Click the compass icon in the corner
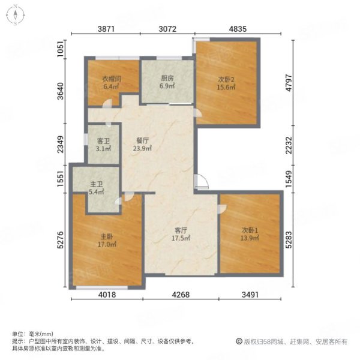point(15,15)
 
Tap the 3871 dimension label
point(106,29)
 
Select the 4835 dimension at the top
point(238,29)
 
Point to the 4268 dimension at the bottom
point(181,295)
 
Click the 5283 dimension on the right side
point(289,240)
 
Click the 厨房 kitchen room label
point(167,78)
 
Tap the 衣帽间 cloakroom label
point(112,79)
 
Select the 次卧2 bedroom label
point(226,79)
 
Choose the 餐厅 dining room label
point(142,140)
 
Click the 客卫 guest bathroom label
point(103,141)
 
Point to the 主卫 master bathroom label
point(96,184)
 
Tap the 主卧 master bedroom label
point(107,236)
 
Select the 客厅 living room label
point(181,230)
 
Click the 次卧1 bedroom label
point(250,230)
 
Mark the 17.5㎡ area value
point(181,238)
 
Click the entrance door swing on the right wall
point(202,182)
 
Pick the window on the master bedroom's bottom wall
point(102,287)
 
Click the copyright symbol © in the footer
point(239,341)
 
